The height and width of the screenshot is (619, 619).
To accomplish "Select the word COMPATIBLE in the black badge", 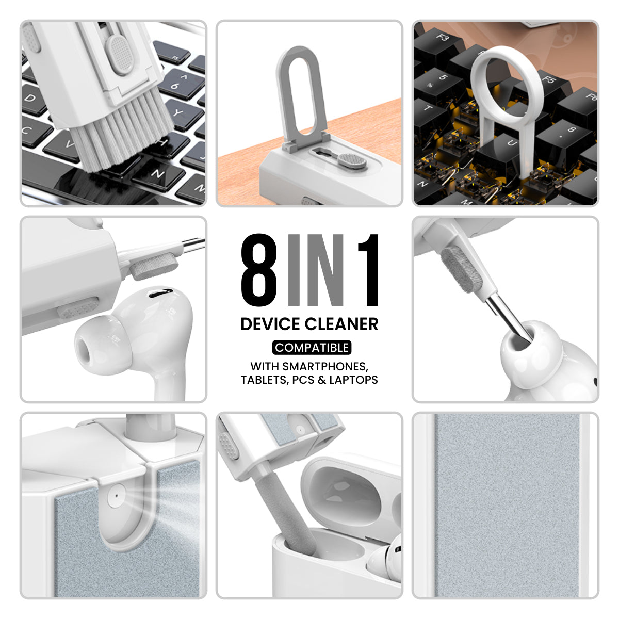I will click(312, 348).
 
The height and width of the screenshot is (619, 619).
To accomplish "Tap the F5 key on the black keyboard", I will click(548, 80).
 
